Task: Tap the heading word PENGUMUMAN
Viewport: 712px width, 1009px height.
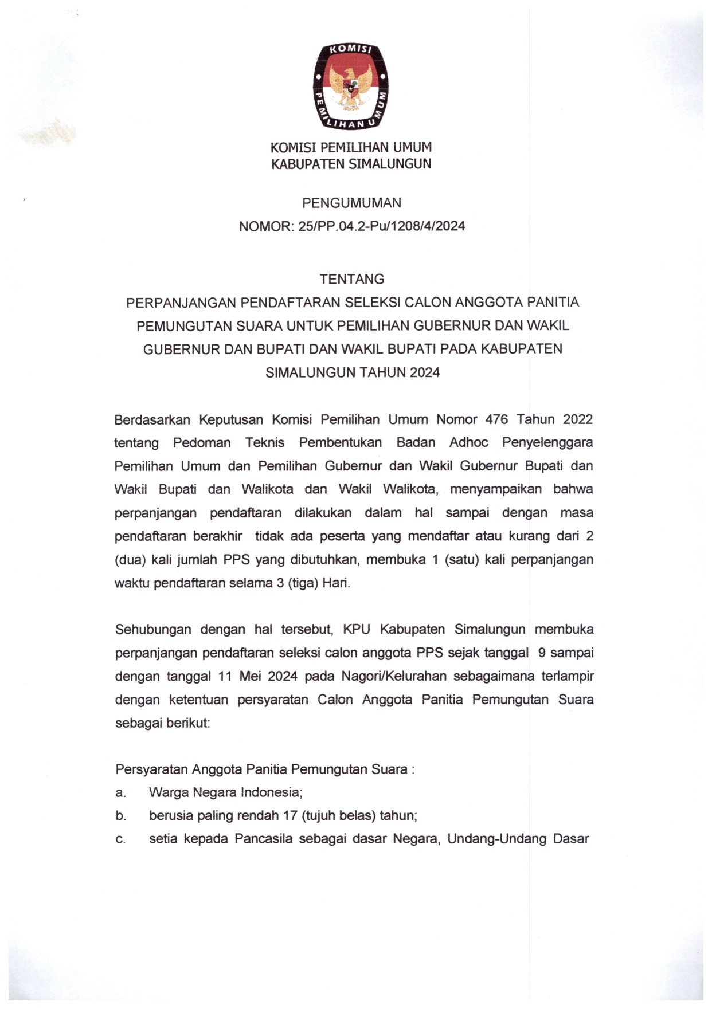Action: [x=351, y=203]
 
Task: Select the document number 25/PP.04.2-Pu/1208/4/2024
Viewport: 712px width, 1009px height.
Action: [x=381, y=226]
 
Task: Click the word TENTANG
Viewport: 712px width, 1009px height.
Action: [x=352, y=279]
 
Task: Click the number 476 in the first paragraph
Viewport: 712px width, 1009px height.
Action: [x=496, y=419]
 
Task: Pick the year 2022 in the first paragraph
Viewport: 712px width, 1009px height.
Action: [x=577, y=419]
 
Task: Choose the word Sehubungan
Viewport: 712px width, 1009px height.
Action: [x=152, y=630]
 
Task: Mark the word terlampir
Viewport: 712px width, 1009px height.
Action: [x=568, y=677]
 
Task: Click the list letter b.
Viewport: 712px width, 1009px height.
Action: [x=120, y=816]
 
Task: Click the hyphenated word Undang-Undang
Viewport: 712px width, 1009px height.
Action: [x=496, y=839]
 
